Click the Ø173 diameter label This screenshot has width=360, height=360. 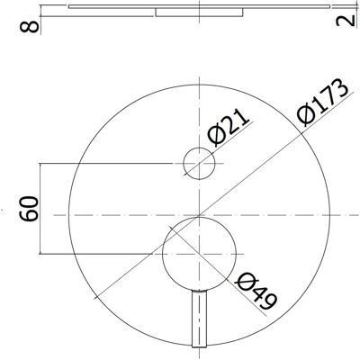click(x=322, y=102)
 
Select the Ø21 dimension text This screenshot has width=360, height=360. click(x=229, y=128)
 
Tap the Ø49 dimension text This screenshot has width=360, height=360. click(x=256, y=291)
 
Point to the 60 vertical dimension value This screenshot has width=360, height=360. click(x=30, y=209)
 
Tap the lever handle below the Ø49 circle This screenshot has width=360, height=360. click(x=199, y=319)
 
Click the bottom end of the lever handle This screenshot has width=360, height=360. click(x=199, y=347)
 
